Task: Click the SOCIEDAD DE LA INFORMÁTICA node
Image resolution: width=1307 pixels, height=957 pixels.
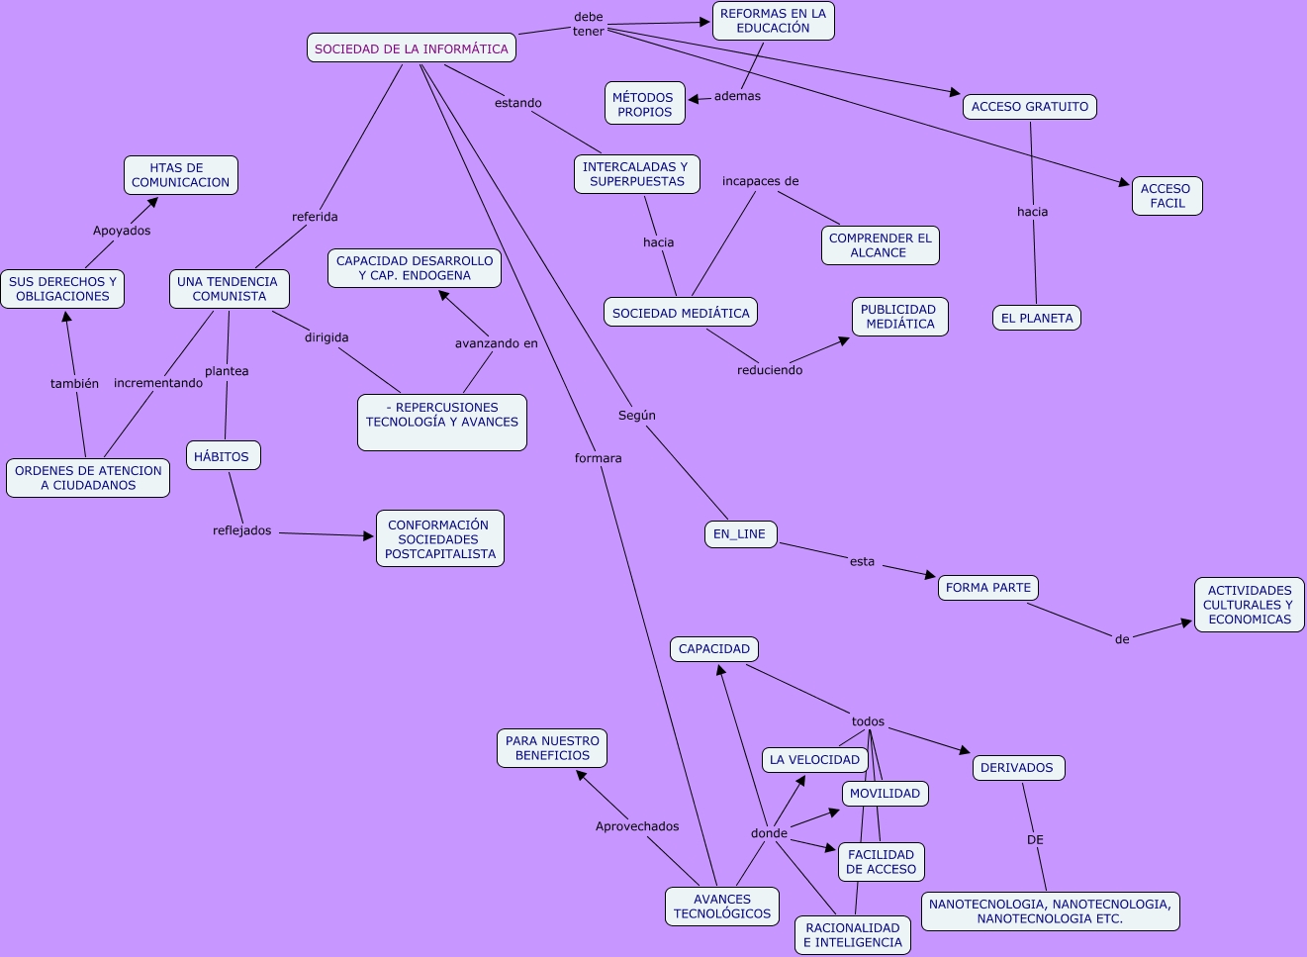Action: coord(411,48)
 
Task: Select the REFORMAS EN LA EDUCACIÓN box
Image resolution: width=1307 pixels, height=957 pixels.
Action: coord(773,21)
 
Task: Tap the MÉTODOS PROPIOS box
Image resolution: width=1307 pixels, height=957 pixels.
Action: coord(644,104)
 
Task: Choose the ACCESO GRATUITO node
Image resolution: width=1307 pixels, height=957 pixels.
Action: coord(1029,107)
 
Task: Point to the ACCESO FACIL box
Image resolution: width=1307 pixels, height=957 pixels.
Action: coord(1167,196)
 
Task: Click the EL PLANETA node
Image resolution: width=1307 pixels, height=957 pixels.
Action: coord(1036,319)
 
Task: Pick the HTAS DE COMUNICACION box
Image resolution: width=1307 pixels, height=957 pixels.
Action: coord(180,175)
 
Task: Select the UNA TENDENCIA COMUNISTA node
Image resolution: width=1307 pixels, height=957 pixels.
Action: coord(229,289)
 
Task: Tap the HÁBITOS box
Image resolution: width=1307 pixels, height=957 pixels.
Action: coord(223,456)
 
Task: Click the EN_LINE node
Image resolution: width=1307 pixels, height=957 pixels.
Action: coord(739,534)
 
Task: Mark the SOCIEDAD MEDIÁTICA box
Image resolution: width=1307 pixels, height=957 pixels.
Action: coord(681,313)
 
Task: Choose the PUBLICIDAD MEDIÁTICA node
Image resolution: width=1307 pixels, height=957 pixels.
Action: coord(899,317)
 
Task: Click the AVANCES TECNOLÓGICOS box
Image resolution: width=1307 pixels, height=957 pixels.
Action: coord(721,907)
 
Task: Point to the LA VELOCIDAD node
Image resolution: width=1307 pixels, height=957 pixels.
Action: coord(814,760)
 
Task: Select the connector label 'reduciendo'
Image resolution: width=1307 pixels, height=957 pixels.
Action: coord(770,370)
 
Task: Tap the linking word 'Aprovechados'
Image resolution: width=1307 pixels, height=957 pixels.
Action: coord(637,826)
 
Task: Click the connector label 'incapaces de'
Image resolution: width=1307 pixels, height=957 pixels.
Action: coord(760,181)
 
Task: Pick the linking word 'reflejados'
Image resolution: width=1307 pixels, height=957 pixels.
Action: coord(241,530)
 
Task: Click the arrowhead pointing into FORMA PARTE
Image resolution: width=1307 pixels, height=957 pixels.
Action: coord(930,575)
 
